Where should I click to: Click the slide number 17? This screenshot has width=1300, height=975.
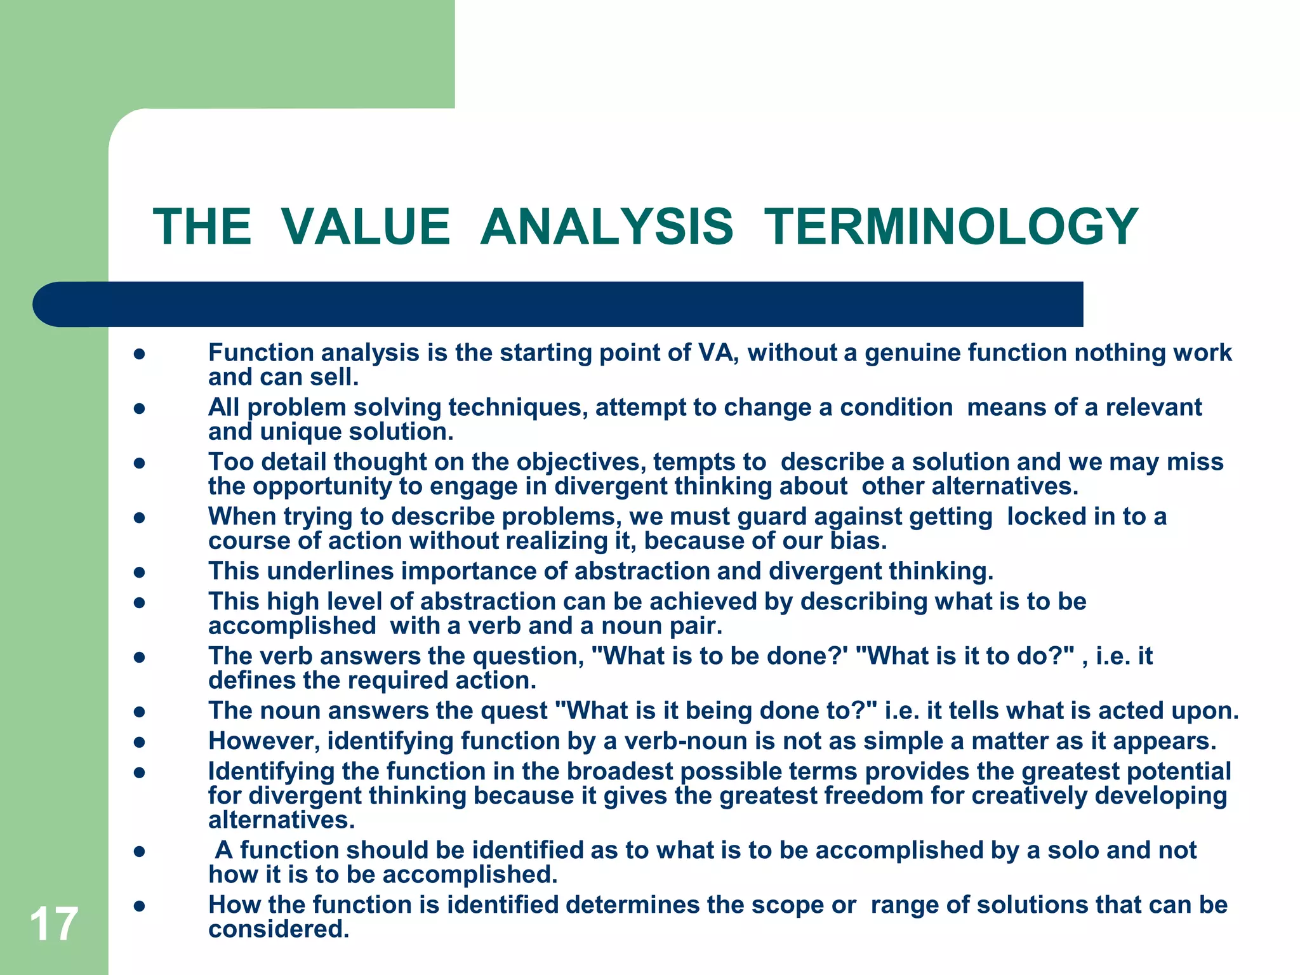tap(54, 924)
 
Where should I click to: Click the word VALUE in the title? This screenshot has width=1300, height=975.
tap(366, 227)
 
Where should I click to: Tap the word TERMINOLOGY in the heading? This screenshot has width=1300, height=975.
tap(951, 227)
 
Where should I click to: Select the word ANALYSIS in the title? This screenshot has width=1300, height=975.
tap(607, 227)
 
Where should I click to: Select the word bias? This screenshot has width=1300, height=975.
tap(858, 541)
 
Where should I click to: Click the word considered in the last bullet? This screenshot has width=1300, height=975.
tap(279, 929)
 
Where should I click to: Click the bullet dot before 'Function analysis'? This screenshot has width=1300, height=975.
tap(140, 354)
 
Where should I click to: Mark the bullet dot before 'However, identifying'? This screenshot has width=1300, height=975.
tap(140, 742)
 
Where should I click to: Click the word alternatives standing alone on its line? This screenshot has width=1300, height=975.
tap(281, 820)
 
